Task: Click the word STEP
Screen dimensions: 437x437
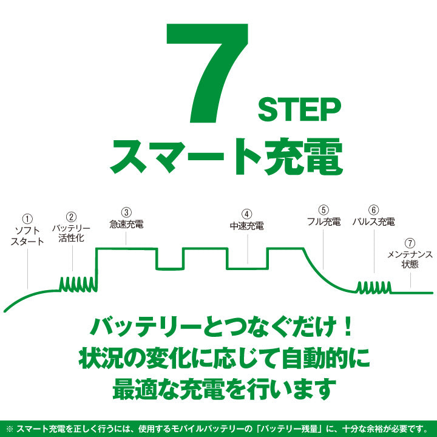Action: (x=300, y=109)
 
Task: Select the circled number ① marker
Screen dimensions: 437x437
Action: (x=27, y=218)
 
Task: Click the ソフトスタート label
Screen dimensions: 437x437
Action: (x=27, y=235)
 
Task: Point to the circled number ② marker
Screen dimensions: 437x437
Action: (x=72, y=217)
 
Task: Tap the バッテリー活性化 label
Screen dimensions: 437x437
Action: (x=72, y=233)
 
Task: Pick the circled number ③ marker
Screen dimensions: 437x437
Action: (x=126, y=212)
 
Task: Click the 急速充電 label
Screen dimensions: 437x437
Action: (x=126, y=224)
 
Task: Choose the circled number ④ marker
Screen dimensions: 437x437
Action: (x=246, y=214)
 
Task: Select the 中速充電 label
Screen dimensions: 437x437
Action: (x=247, y=226)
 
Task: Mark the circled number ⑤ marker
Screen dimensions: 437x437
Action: (x=324, y=210)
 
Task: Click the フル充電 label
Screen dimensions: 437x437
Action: (x=324, y=222)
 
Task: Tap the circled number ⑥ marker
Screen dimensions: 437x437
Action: (x=373, y=210)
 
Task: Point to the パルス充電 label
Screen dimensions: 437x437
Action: (x=373, y=222)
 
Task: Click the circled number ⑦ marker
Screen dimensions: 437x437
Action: (x=410, y=243)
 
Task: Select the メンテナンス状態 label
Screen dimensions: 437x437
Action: (x=410, y=259)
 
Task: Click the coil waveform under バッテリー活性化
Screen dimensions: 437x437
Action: (x=78, y=285)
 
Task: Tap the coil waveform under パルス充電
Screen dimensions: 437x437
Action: (x=374, y=288)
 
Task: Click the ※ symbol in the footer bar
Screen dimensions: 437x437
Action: (x=10, y=429)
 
